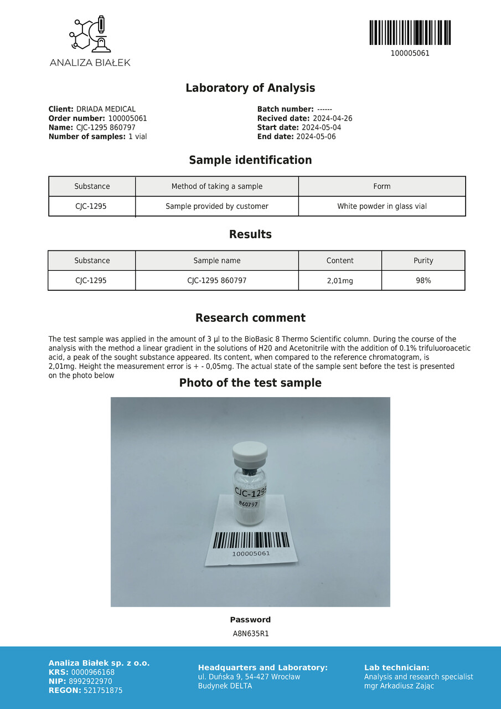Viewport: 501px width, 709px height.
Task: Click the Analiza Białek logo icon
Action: pos(90,34)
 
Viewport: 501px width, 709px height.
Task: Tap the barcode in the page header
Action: pos(410,33)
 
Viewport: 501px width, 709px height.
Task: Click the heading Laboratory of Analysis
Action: pos(250,88)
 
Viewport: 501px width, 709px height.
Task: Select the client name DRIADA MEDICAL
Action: pos(106,109)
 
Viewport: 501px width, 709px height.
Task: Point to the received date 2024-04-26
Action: pos(333,119)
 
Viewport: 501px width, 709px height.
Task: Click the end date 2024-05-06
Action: pos(316,136)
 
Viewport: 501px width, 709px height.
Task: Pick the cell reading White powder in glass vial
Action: pos(382,206)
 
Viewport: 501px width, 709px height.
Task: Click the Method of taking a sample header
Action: pos(217,186)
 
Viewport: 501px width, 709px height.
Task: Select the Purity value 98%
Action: pos(423,281)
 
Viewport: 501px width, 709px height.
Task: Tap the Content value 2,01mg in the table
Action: pos(340,281)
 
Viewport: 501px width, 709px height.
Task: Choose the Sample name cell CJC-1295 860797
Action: pos(217,281)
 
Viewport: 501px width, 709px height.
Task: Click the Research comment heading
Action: pos(250,318)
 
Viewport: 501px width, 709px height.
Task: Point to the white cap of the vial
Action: pos(250,454)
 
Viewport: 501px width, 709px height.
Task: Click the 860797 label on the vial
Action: pos(248,504)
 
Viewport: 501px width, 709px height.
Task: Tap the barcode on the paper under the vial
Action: pos(251,540)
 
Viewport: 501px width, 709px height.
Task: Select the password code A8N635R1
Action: pos(251,634)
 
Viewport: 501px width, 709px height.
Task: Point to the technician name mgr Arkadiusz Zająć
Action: pos(399,686)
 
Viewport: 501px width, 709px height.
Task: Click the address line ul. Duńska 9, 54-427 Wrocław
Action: pos(249,677)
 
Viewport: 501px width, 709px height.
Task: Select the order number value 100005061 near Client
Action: pos(127,119)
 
